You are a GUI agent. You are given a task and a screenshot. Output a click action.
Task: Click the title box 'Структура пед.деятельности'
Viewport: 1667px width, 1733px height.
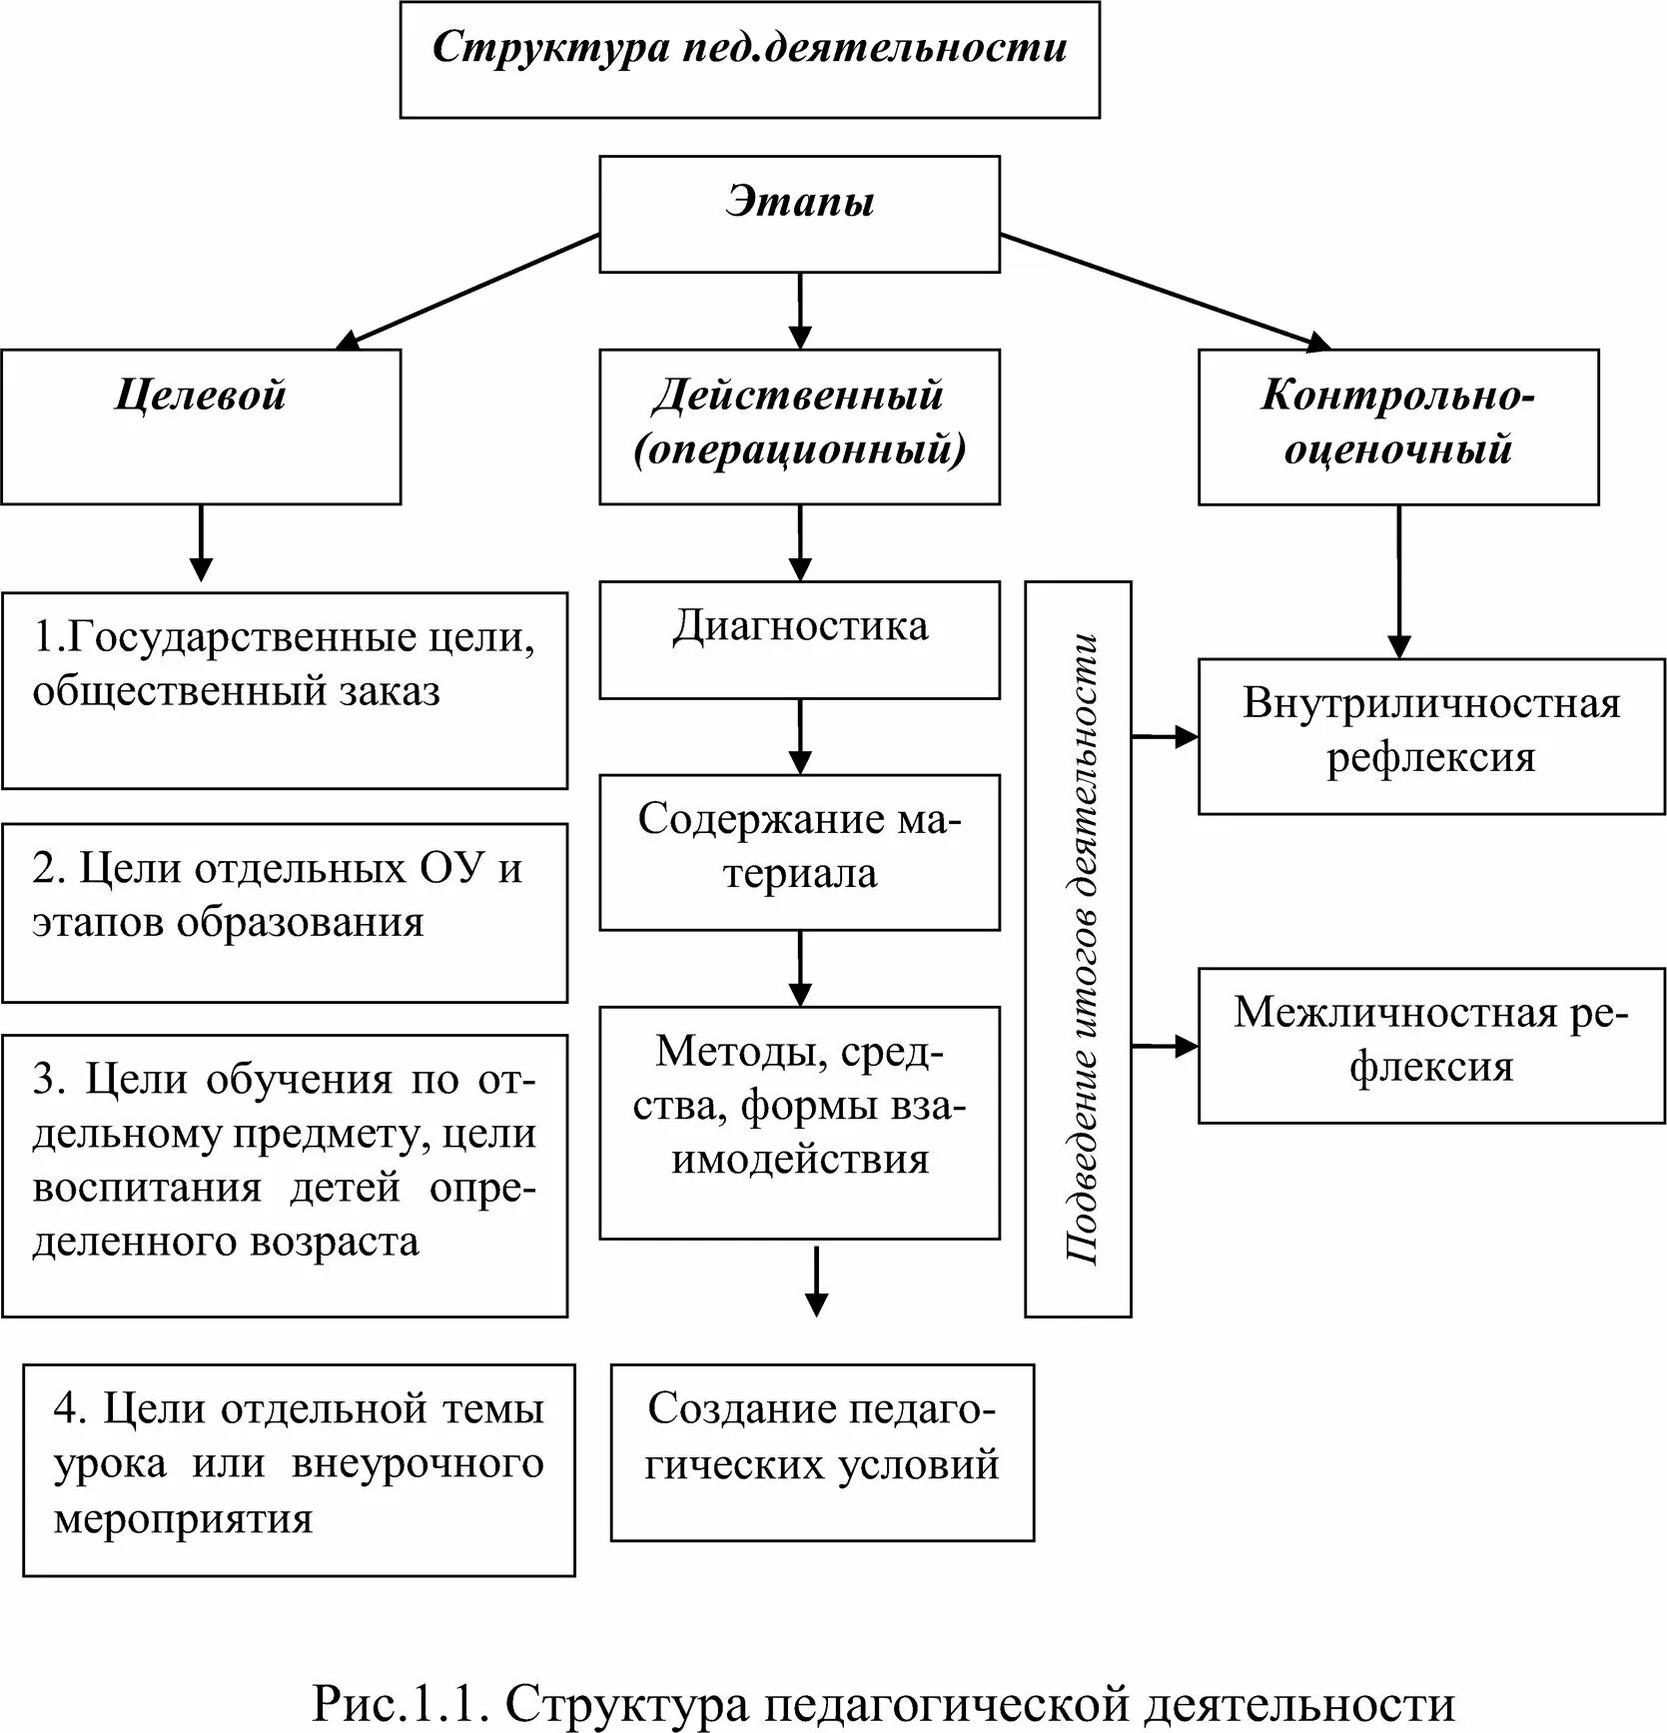pyautogui.click(x=749, y=60)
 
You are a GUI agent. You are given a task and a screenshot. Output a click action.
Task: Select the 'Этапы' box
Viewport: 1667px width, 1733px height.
pyautogui.click(x=799, y=214)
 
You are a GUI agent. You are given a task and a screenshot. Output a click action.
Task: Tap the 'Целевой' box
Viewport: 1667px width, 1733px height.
pyautogui.click(x=201, y=427)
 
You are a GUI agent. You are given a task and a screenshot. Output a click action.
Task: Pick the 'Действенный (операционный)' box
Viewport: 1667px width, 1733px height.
pyautogui.click(x=799, y=427)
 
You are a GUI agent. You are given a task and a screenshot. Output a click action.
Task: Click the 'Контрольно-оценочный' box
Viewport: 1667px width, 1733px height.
pyautogui.click(x=1398, y=427)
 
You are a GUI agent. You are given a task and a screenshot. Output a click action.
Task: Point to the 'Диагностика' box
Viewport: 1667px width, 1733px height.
pyautogui.click(x=799, y=639)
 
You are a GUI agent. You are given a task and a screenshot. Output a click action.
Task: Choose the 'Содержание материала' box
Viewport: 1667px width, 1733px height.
pyautogui.click(x=799, y=852)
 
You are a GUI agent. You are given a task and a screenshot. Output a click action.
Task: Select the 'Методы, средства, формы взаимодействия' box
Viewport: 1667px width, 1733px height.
pyautogui.click(x=799, y=1123)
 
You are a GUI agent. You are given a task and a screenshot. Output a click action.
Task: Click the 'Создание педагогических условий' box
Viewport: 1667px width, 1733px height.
pyautogui.click(x=822, y=1452)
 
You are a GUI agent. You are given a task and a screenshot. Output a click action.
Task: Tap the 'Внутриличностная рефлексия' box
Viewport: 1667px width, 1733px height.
pyautogui.click(x=1431, y=736)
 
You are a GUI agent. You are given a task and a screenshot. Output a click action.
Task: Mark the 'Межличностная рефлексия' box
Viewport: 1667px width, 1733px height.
pyautogui.click(x=1431, y=1046)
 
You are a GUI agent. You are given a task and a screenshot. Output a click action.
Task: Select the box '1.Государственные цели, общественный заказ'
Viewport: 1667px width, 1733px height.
pyautogui.click(x=285, y=691)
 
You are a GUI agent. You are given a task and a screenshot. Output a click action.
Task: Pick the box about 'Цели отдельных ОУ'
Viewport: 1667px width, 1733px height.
pyautogui.click(x=285, y=913)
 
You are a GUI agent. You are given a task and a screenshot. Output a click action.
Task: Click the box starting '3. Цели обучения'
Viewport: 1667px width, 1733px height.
pyautogui.click(x=285, y=1176)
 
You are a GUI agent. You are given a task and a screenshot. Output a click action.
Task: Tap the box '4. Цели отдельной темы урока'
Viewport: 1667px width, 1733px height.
pyautogui.click(x=299, y=1470)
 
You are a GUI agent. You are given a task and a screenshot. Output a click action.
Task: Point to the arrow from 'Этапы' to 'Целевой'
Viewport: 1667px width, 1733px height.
pyautogui.click(x=467, y=292)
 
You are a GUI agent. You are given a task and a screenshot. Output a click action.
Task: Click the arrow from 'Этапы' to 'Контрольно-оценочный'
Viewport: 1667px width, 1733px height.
pyautogui.click(x=1166, y=292)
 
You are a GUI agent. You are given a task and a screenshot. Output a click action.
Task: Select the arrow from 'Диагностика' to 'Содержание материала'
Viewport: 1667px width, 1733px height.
pyautogui.click(x=800, y=736)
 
